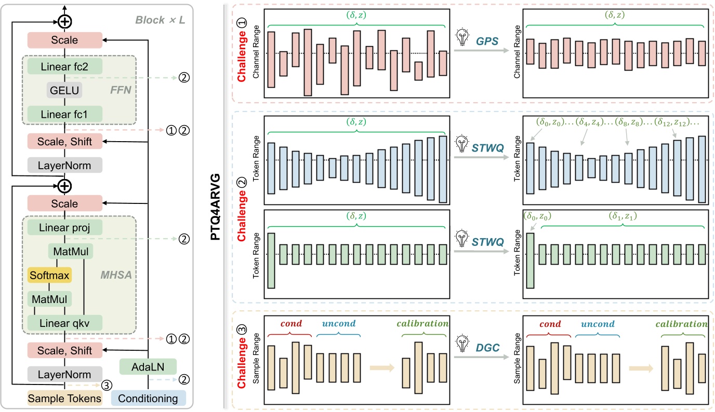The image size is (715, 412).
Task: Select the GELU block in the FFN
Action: (x=64, y=90)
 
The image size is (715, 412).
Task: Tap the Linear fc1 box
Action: (x=64, y=114)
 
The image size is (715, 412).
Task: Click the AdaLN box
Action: (x=148, y=367)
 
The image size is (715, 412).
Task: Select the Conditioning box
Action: (x=148, y=399)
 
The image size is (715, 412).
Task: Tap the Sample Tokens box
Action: (x=64, y=399)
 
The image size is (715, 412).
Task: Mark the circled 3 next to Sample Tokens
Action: (x=106, y=385)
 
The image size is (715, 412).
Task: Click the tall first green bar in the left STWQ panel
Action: (x=271, y=260)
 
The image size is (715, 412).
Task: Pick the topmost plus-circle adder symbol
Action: (x=64, y=22)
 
